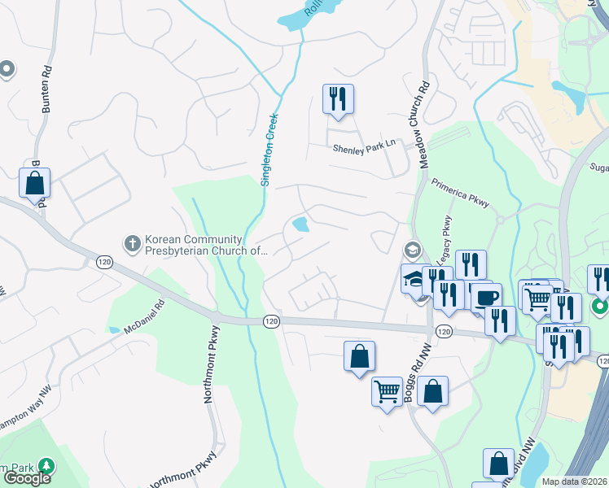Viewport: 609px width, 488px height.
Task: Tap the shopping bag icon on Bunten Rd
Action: click(35, 184)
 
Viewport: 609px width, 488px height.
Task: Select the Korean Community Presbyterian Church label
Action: click(194, 246)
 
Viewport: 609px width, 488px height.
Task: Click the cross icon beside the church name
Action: click(133, 242)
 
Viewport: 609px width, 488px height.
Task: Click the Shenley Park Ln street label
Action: click(363, 146)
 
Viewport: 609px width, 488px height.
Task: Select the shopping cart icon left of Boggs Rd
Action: click(387, 392)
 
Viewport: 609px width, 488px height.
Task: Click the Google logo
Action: click(26, 478)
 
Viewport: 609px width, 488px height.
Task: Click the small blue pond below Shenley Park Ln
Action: click(300, 224)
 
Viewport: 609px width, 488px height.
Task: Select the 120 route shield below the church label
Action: click(103, 262)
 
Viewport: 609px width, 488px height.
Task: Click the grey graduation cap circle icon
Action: click(413, 249)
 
